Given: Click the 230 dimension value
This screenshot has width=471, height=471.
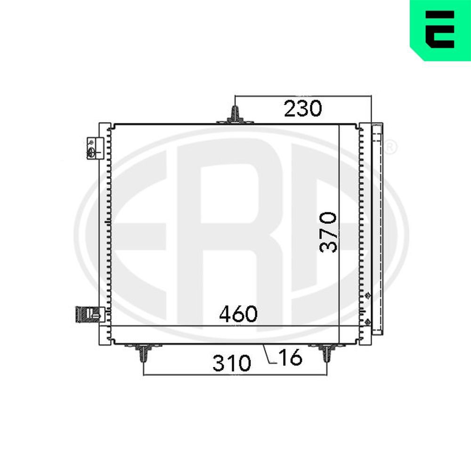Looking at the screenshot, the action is [303, 108].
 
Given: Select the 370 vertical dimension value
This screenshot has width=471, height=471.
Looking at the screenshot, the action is [328, 232].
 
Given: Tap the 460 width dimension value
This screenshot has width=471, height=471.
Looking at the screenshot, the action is [238, 314].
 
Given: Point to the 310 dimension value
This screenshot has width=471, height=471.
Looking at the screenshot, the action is [231, 363].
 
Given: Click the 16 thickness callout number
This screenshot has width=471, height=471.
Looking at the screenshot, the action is [290, 357].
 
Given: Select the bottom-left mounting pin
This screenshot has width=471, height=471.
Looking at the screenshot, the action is [144, 353].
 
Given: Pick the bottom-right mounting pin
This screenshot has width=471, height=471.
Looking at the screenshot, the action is [327, 353].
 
